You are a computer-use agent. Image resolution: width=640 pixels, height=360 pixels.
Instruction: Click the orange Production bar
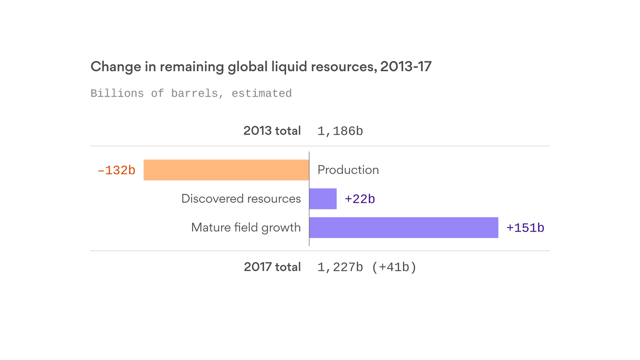[x=226, y=170]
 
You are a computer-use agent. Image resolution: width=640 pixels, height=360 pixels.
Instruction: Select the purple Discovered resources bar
[x=323, y=199]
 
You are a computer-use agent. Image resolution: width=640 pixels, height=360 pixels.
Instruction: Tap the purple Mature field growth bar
[x=403, y=227]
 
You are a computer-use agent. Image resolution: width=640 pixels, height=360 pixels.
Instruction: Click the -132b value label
[x=116, y=170]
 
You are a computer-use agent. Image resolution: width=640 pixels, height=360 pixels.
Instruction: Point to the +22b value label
[x=360, y=199]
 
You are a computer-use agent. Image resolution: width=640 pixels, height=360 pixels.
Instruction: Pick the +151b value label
[x=525, y=228]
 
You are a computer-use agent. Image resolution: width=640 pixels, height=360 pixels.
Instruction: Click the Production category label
[x=348, y=170]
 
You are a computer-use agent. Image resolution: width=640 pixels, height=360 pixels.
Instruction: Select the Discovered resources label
[x=241, y=199]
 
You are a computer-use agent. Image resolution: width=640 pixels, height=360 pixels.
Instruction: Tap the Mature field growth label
[x=246, y=227]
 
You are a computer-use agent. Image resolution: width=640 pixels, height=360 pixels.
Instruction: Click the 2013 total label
[x=272, y=131]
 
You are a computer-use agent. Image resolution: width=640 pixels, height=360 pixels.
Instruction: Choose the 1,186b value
[x=340, y=131]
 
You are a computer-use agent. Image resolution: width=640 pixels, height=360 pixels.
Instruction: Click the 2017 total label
[x=272, y=267]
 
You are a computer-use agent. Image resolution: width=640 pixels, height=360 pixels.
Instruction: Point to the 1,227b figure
[x=340, y=267]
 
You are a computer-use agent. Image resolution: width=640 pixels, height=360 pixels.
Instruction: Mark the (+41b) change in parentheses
[x=394, y=267]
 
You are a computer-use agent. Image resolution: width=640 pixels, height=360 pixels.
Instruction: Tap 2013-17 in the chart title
[x=406, y=67]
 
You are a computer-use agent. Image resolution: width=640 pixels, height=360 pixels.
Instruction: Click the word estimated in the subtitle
[x=261, y=93]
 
